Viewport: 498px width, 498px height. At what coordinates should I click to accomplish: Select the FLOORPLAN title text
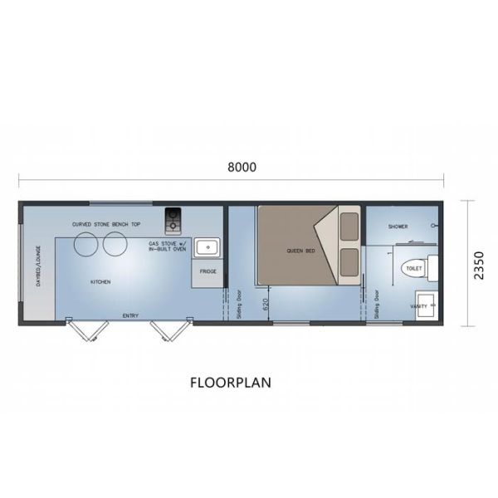pos(231,383)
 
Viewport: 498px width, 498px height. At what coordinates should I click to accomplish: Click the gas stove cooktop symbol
pos(173,218)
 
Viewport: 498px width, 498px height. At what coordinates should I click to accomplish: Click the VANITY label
pos(418,305)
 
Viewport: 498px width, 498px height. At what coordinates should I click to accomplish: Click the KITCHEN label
pos(100,282)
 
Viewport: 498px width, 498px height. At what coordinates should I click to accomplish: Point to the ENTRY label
pos(130,315)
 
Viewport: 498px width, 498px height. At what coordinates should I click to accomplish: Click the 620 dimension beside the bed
pos(266,304)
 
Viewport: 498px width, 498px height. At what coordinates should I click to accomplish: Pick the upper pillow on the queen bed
pos(349,224)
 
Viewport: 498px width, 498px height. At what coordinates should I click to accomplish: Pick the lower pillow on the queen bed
pos(349,259)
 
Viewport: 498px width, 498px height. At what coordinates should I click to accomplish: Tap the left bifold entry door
pos(86,332)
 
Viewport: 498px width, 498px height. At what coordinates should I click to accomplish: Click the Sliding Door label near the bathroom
pos(378,305)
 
